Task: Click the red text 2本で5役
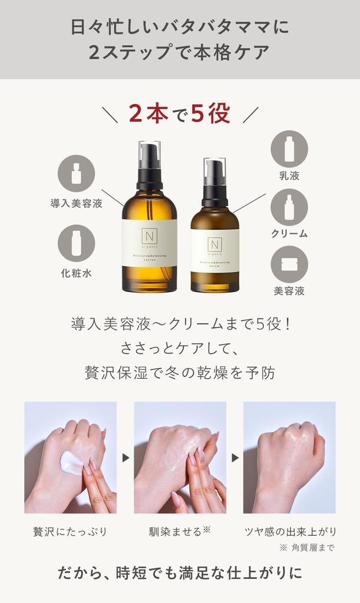(x=179, y=113)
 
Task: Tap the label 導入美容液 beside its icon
(x=76, y=204)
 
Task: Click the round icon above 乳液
(x=289, y=148)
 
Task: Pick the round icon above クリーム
(x=289, y=207)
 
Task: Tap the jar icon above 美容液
(x=289, y=264)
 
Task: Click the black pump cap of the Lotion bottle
(x=149, y=165)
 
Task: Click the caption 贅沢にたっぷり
(x=70, y=532)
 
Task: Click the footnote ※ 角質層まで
(x=307, y=548)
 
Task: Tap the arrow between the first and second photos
(x=125, y=457)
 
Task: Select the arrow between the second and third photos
(x=235, y=457)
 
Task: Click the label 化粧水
(x=76, y=273)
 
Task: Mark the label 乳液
(x=289, y=175)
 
